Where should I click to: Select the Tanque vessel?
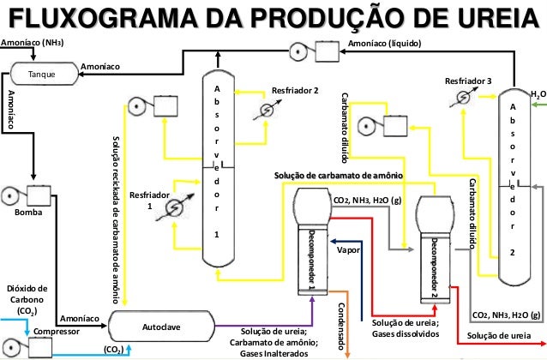[41, 75]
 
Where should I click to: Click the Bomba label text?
[27, 211]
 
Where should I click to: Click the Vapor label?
[347, 251]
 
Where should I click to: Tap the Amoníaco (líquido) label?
[384, 43]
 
